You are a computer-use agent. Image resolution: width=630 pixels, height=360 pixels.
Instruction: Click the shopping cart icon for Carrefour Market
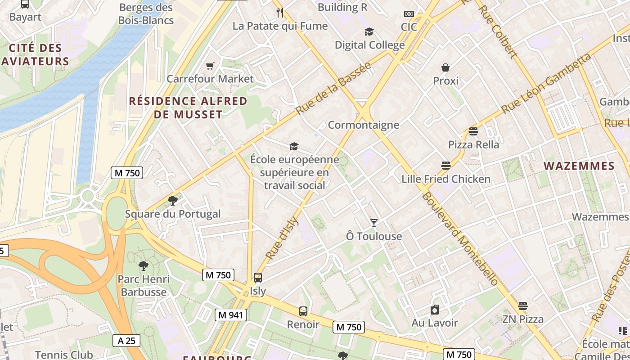[210, 66]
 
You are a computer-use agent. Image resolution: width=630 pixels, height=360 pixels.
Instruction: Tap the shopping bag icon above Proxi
[445, 68]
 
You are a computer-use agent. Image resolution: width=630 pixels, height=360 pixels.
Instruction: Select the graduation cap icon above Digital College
[369, 32]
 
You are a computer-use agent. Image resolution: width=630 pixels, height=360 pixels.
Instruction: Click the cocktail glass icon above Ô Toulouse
[374, 223]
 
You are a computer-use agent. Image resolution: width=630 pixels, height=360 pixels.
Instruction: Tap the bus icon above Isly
[258, 278]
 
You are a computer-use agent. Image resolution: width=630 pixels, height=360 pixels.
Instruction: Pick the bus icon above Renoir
[303, 311]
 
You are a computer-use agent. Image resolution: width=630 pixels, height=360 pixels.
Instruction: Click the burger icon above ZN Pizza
[522, 306]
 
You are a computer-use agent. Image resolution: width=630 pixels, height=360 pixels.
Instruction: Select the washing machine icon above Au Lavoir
[435, 310]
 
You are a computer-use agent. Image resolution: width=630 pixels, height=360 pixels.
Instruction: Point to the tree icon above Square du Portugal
[172, 201]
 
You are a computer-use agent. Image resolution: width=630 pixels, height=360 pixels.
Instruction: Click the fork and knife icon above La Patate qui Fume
[280, 13]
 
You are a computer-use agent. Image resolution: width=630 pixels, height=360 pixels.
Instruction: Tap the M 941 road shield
[231, 315]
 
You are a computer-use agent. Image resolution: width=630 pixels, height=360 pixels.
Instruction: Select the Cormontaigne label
[364, 125]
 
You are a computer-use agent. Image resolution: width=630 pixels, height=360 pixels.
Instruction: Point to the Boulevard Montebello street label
[460, 238]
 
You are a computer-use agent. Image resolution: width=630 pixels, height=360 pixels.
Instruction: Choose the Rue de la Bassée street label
[333, 88]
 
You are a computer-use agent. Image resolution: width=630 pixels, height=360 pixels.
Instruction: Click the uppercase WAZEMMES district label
[579, 166]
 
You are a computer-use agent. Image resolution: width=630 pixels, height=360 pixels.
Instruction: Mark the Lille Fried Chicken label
[446, 179]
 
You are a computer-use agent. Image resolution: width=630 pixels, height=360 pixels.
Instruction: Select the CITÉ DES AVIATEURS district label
[35, 54]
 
